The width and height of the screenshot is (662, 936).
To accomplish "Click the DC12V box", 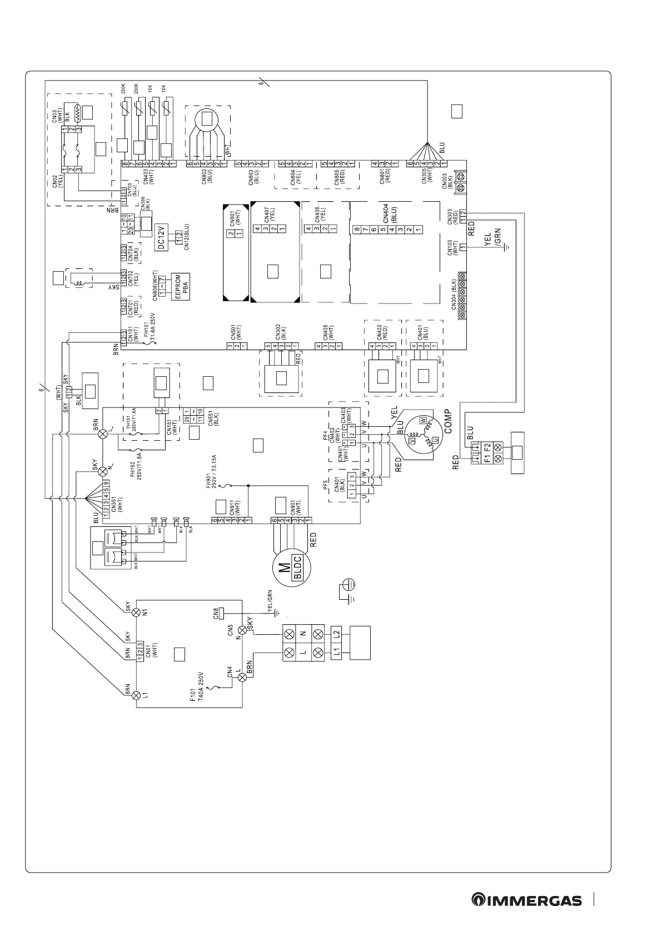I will [x=162, y=230].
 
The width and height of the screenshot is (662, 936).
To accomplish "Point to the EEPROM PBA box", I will [x=182, y=287].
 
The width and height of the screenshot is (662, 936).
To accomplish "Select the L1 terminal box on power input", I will [x=336, y=652].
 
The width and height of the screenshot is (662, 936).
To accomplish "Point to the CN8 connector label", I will [x=216, y=614].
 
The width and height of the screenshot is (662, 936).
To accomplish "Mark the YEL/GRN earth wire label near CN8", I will [x=271, y=601].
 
